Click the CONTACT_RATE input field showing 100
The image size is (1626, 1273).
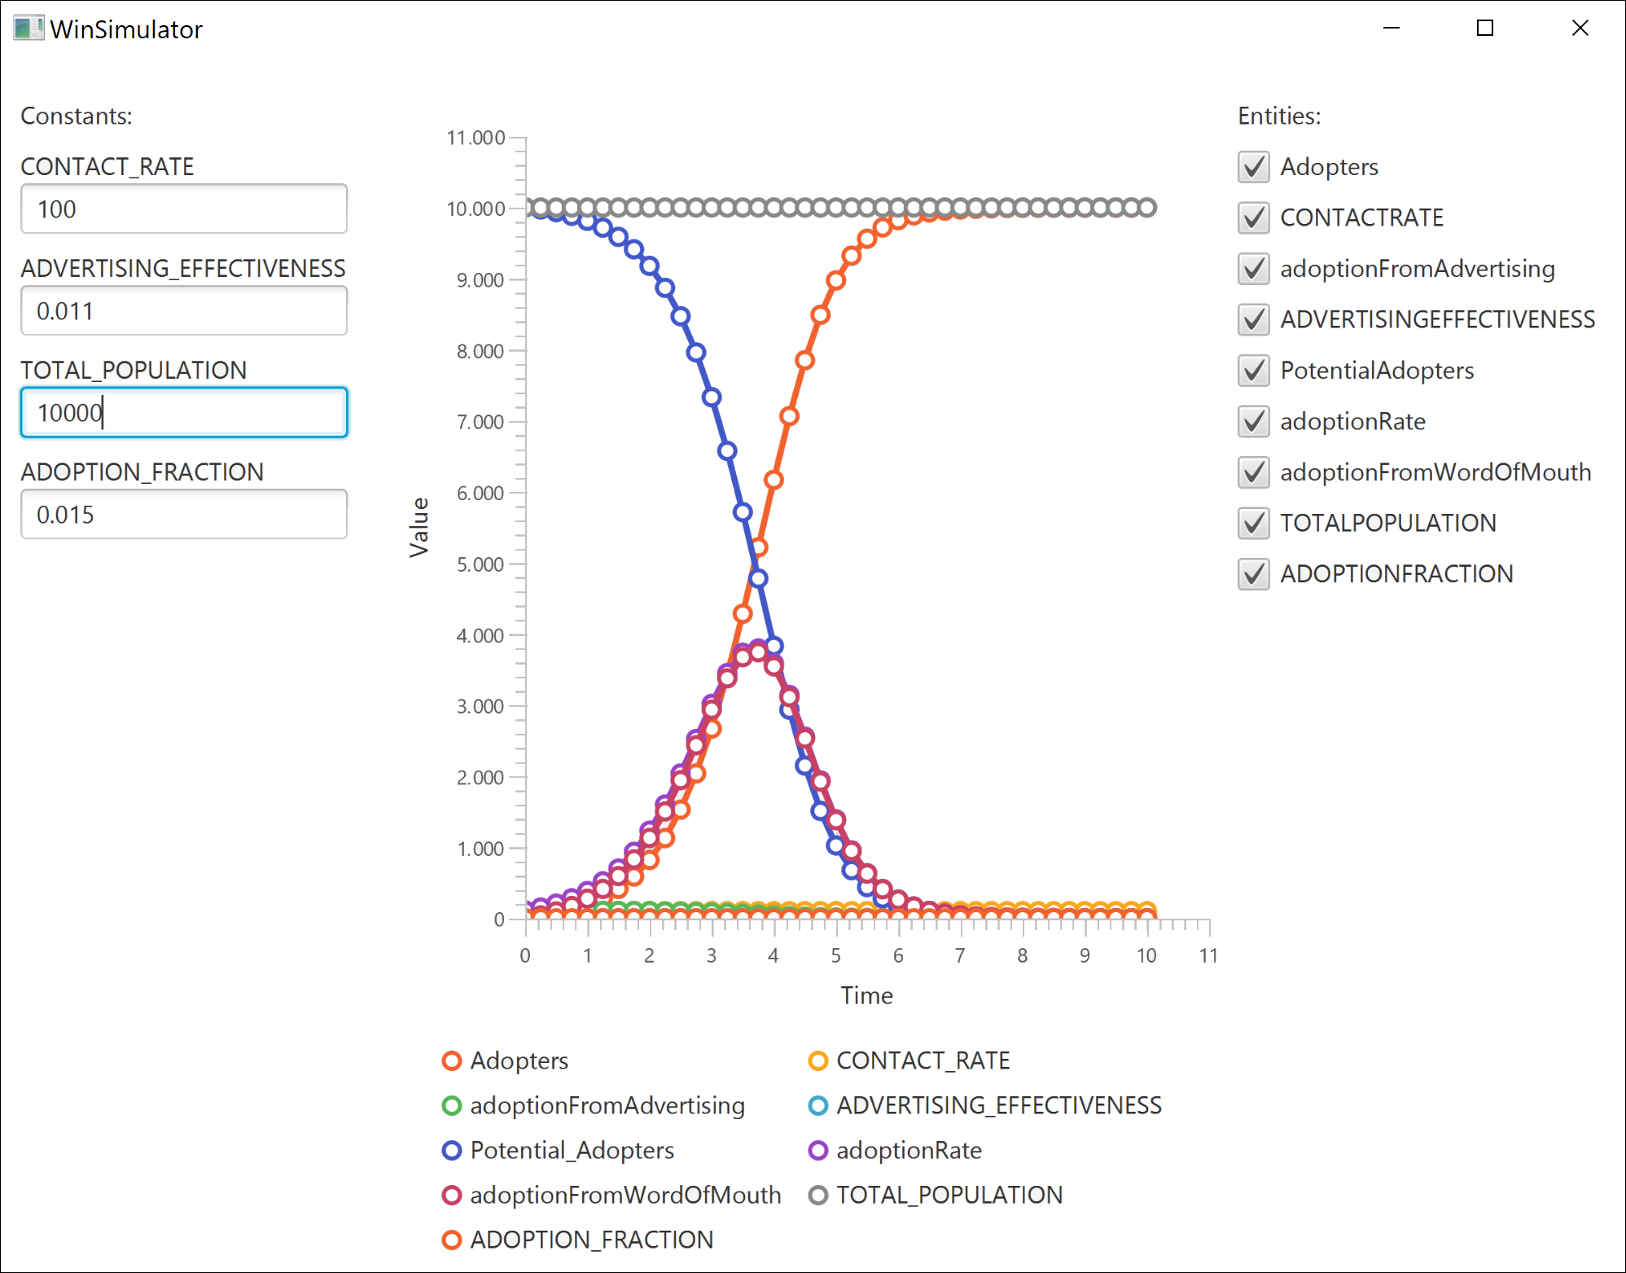(x=183, y=209)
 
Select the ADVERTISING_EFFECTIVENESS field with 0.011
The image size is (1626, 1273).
(x=183, y=311)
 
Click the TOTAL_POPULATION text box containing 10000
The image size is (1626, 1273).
(x=183, y=413)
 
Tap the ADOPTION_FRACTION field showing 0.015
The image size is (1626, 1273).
(x=183, y=515)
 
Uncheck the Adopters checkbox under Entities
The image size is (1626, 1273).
(x=1253, y=167)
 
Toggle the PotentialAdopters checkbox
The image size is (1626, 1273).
(x=1253, y=371)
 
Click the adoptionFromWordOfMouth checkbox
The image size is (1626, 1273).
(x=1253, y=472)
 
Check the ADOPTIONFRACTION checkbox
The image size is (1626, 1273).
(x=1253, y=574)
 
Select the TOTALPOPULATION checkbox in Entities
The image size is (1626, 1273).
(x=1253, y=523)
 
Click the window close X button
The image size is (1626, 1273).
(x=1580, y=29)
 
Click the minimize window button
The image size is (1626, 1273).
(x=1392, y=29)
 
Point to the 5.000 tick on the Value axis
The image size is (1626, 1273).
(x=480, y=564)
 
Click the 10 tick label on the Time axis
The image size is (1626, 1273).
(x=1146, y=955)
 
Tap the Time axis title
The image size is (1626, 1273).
(x=866, y=995)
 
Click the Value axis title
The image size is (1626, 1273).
(x=419, y=527)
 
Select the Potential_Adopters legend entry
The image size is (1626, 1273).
(x=572, y=1150)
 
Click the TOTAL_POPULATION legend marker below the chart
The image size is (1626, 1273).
(x=818, y=1195)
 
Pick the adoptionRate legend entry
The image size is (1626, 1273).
(x=909, y=1150)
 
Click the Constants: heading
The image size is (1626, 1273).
(x=77, y=116)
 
